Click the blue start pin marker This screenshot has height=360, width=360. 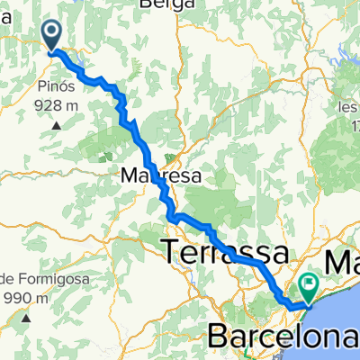pyautogui.click(x=52, y=35)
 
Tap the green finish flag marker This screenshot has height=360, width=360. pyautogui.click(x=309, y=287)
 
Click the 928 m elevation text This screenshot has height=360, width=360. pyautogui.click(x=56, y=105)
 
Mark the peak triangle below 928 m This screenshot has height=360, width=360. pyautogui.click(x=56, y=124)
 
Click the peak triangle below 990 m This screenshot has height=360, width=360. pyautogui.click(x=31, y=317)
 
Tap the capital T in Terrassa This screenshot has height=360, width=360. pyautogui.click(x=169, y=253)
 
